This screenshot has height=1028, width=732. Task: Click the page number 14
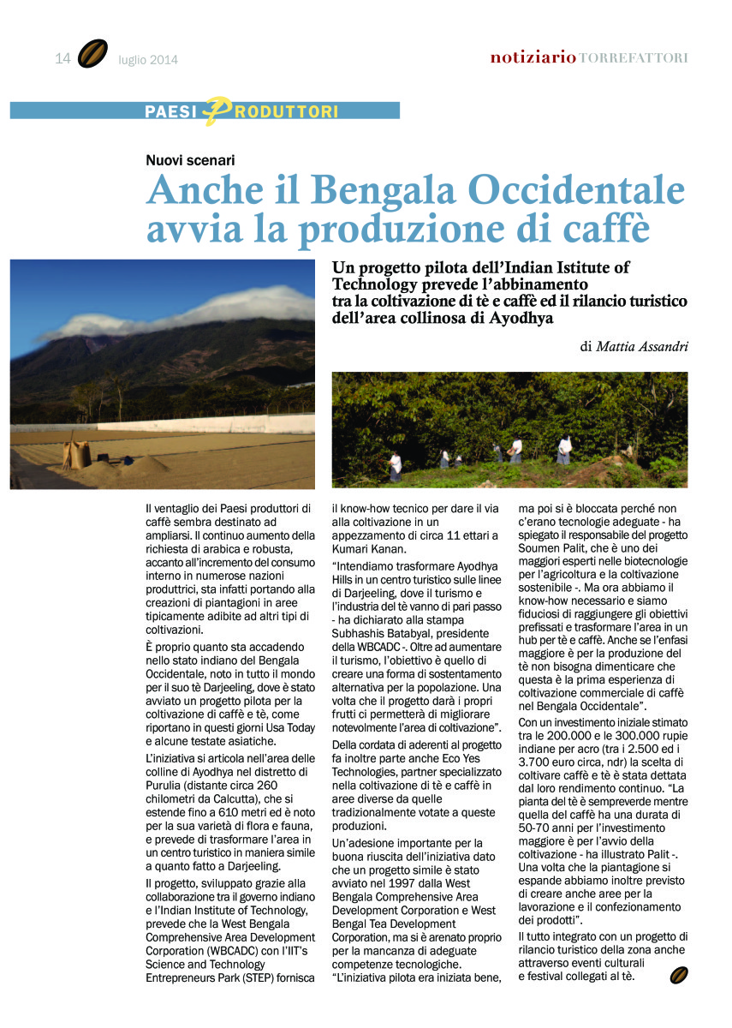(x=62, y=58)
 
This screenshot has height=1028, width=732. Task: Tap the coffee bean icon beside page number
(x=92, y=54)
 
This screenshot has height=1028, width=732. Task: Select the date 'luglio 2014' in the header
(x=149, y=60)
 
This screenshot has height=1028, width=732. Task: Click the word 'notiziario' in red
(x=533, y=57)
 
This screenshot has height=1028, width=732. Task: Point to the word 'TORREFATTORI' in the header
(x=634, y=58)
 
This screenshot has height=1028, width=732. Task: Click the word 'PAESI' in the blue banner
(x=171, y=111)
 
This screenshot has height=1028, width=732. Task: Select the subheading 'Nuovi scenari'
(x=190, y=159)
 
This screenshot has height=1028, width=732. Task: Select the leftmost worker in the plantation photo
(x=394, y=466)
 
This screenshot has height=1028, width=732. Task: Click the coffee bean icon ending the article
(x=679, y=974)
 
